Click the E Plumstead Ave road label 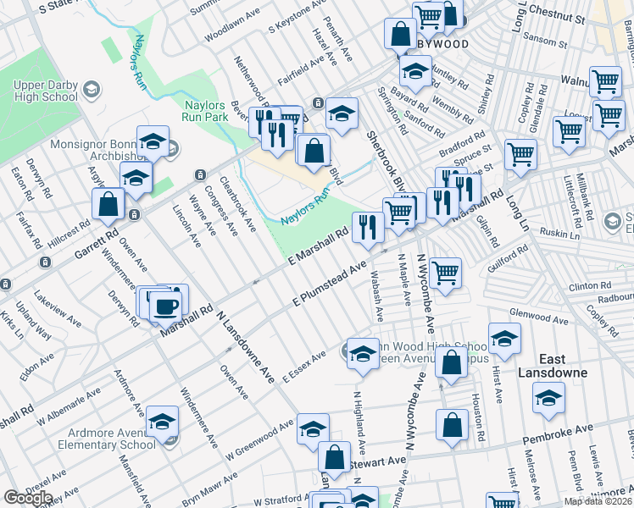point(329,284)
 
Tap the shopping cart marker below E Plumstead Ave point(445,273)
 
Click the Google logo point(28,498)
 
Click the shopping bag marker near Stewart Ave point(334,458)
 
